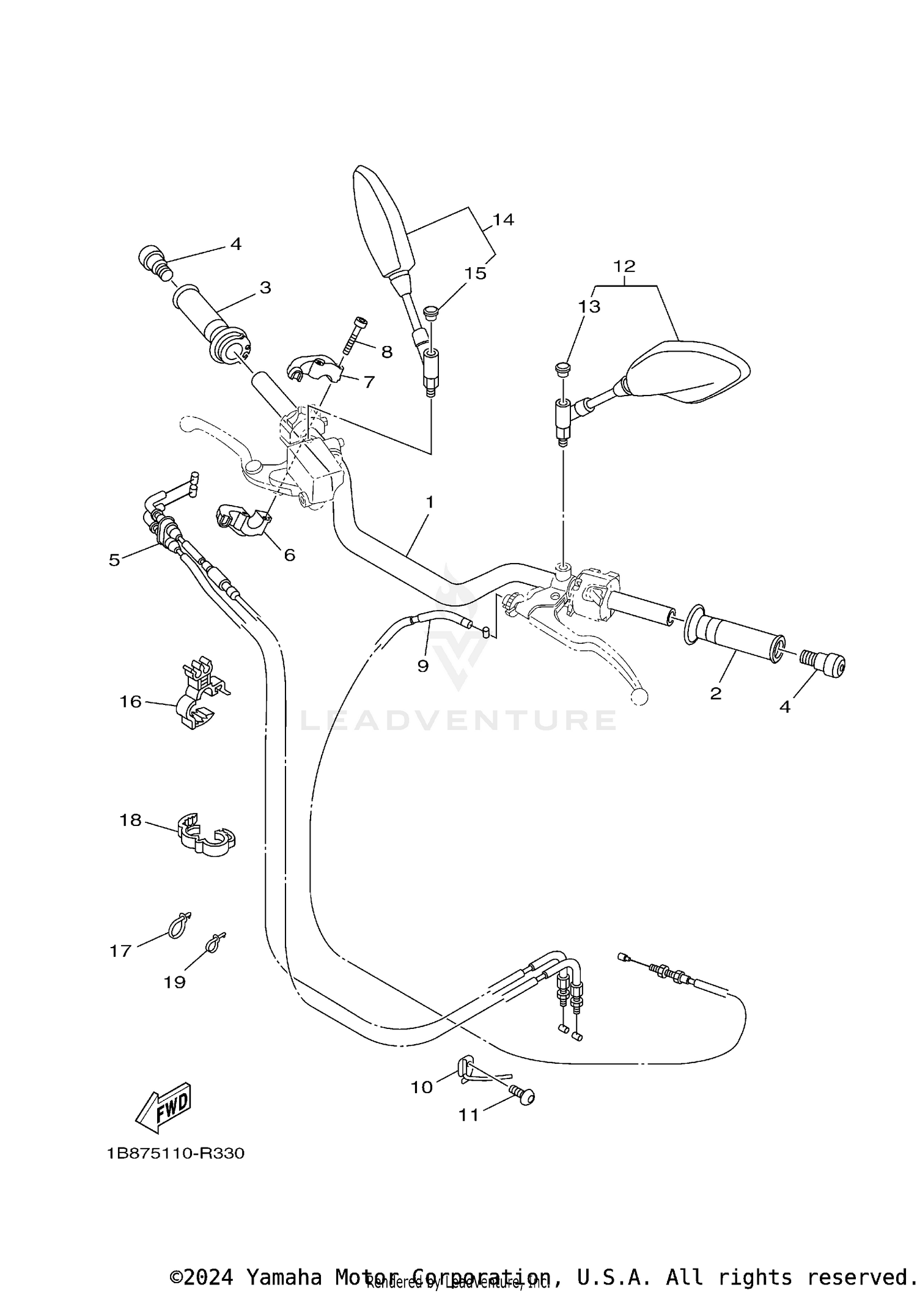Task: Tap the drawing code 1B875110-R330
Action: click(x=175, y=1154)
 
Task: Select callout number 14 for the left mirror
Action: click(x=503, y=219)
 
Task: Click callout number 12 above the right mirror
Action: click(x=624, y=266)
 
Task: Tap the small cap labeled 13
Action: click(x=562, y=368)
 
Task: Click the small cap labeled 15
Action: click(x=432, y=312)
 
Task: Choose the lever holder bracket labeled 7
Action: click(x=313, y=369)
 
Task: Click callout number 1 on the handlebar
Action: click(x=430, y=503)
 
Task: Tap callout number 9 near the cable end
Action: click(x=423, y=665)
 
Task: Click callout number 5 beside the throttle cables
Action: click(x=114, y=559)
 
